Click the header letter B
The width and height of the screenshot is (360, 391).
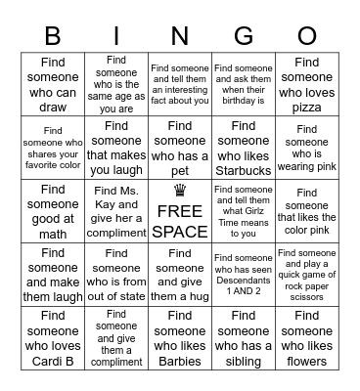[54, 35]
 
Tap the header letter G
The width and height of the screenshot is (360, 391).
[243, 35]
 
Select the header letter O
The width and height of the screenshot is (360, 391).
[306, 35]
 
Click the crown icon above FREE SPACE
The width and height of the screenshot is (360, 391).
[180, 193]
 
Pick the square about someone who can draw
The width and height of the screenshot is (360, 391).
[54, 84]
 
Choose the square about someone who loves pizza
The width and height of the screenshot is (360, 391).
[306, 84]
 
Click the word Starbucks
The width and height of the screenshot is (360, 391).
[243, 170]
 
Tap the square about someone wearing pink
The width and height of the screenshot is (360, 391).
[306, 149]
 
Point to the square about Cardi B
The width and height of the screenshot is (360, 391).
[54, 338]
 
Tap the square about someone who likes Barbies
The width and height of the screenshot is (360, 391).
[180, 338]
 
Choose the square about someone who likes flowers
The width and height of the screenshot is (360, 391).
[306, 338]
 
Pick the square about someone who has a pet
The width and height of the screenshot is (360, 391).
[180, 149]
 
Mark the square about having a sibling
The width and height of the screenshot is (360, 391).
[243, 338]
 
